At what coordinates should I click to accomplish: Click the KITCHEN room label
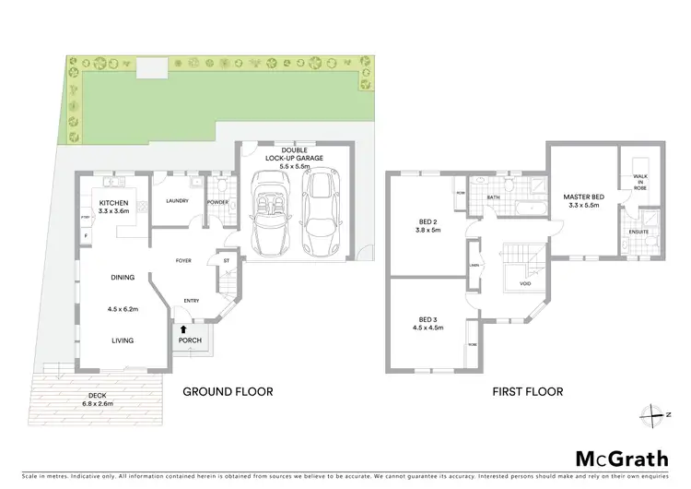113,202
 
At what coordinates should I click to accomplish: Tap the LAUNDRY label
177,201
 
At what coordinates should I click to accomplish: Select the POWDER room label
217,201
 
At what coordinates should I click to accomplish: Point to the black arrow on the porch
183,328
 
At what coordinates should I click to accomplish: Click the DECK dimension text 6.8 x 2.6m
98,402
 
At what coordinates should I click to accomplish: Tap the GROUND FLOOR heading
228,391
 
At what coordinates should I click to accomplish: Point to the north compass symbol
658,415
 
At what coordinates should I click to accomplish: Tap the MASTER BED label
582,197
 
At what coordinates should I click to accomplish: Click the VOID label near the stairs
524,284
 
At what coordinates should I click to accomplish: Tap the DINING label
123,278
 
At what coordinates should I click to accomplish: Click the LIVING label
123,340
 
